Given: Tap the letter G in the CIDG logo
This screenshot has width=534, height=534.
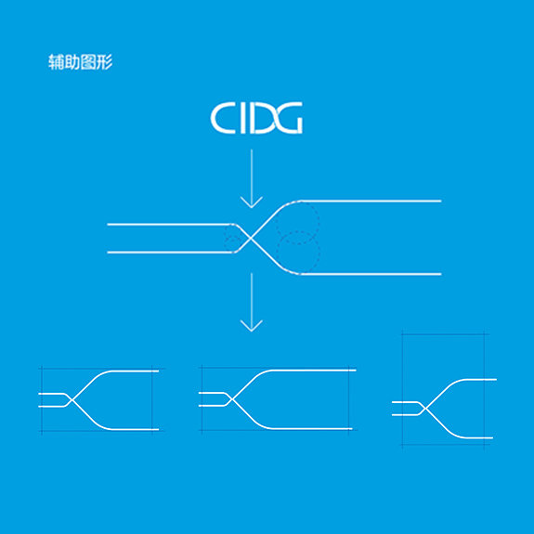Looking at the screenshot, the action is tap(288, 118).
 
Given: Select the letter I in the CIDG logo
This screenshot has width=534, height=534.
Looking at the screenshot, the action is tap(242, 118).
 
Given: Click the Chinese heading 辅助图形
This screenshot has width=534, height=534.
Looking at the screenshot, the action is tap(81, 62).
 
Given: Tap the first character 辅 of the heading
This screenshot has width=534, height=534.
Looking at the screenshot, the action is tap(56, 62).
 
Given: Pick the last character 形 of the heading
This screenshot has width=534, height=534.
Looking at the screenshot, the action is tap(105, 62).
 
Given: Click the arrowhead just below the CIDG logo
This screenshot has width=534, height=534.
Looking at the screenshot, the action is tap(252, 202).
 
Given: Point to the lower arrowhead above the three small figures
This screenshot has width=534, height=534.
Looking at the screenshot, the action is tap(252, 326).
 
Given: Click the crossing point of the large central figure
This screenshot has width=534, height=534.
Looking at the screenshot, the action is tap(251, 239).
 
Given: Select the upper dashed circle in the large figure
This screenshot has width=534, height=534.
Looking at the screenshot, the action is tap(297, 223).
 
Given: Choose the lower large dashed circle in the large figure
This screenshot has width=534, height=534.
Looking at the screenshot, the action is tap(298, 253).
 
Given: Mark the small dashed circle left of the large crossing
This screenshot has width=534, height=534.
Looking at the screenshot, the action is tap(233, 239).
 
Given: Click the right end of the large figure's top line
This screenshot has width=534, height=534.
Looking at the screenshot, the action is tap(441, 201).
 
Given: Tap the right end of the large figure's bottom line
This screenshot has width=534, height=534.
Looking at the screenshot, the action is tap(441, 274).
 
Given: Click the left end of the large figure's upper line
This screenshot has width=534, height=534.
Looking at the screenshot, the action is tap(108, 225).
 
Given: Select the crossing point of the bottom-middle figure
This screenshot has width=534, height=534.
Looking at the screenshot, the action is tap(231, 399).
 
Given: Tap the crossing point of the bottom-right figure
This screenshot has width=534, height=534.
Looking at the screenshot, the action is tap(425, 409).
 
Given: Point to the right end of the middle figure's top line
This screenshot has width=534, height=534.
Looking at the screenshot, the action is tap(355, 370).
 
